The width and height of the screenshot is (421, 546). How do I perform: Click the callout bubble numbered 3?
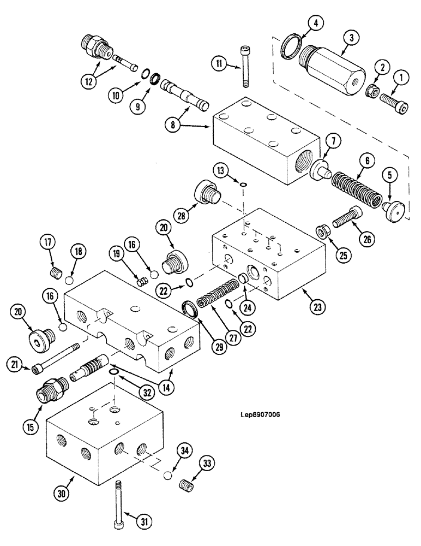click(x=351, y=37)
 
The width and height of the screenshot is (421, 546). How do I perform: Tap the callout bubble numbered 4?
click(x=316, y=23)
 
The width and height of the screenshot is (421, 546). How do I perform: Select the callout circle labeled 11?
click(x=219, y=64)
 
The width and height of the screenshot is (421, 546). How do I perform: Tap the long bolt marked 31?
click(x=118, y=502)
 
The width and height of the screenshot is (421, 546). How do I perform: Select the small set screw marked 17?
click(x=55, y=271)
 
